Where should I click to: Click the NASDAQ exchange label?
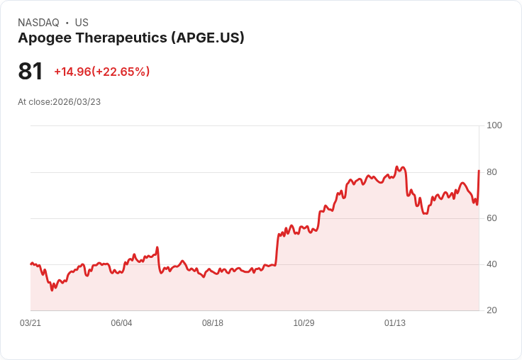pyautogui.click(x=38, y=23)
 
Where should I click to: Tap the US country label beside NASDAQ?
pyautogui.click(x=82, y=23)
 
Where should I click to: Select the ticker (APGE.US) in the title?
pyautogui.click(x=208, y=38)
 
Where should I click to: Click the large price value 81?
pyautogui.click(x=30, y=72)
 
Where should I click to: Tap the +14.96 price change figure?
pyautogui.click(x=72, y=72)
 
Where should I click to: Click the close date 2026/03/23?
pyautogui.click(x=77, y=102)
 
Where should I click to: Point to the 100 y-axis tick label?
pyautogui.click(x=494, y=125)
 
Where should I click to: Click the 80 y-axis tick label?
pyautogui.click(x=492, y=172)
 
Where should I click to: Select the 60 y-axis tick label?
pyautogui.click(x=492, y=218)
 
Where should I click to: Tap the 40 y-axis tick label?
pyautogui.click(x=492, y=264)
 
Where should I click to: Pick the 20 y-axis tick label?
pyautogui.click(x=492, y=310)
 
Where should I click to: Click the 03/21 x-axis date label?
pyautogui.click(x=30, y=323)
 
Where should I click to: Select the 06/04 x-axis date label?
pyautogui.click(x=121, y=323)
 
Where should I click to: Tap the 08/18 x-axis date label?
pyautogui.click(x=213, y=323)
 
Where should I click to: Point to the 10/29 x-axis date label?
pyautogui.click(x=304, y=323)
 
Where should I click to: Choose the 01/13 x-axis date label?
pyautogui.click(x=395, y=323)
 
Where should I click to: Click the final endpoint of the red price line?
pyautogui.click(x=479, y=171)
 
